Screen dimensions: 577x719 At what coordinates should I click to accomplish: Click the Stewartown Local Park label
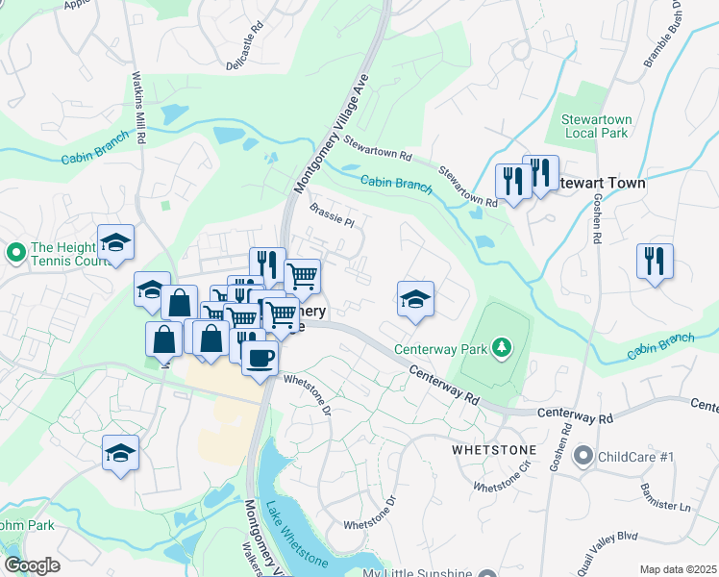coord(595,126)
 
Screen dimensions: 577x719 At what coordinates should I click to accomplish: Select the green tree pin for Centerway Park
coord(501,346)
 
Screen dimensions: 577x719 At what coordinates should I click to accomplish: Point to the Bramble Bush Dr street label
coord(665,38)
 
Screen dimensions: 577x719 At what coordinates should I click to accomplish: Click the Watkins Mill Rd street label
coord(138,108)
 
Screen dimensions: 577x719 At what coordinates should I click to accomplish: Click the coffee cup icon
coord(260,359)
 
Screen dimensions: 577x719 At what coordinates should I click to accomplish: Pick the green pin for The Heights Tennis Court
coord(15,253)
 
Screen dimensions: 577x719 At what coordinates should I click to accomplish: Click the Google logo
coord(32,565)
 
